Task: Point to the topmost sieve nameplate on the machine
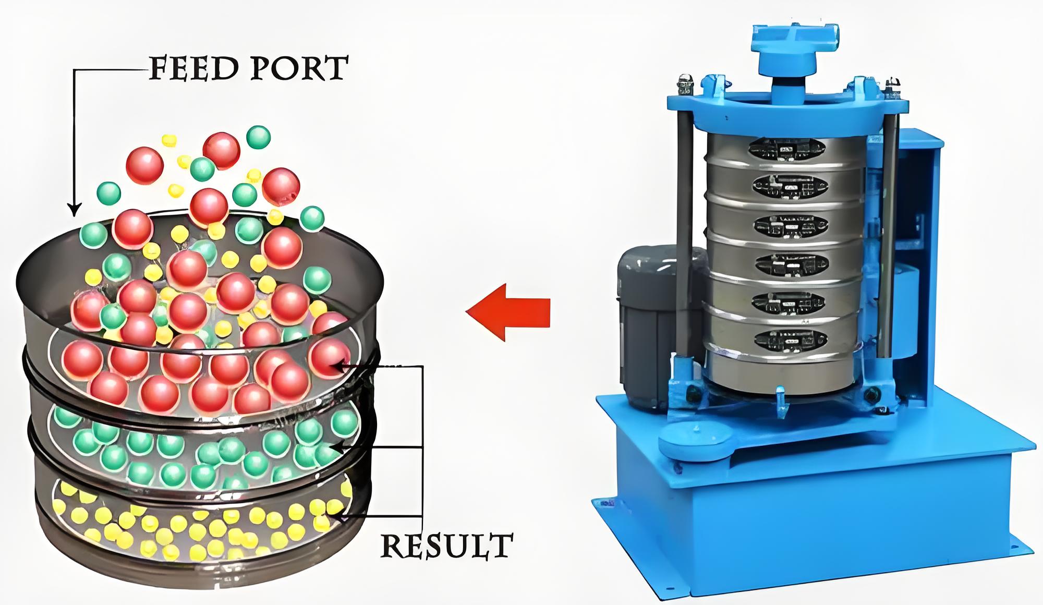click(787, 149)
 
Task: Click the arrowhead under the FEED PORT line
click(75, 210)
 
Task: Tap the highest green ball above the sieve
click(258, 137)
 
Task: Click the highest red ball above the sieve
click(221, 150)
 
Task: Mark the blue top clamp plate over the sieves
click(782, 112)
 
